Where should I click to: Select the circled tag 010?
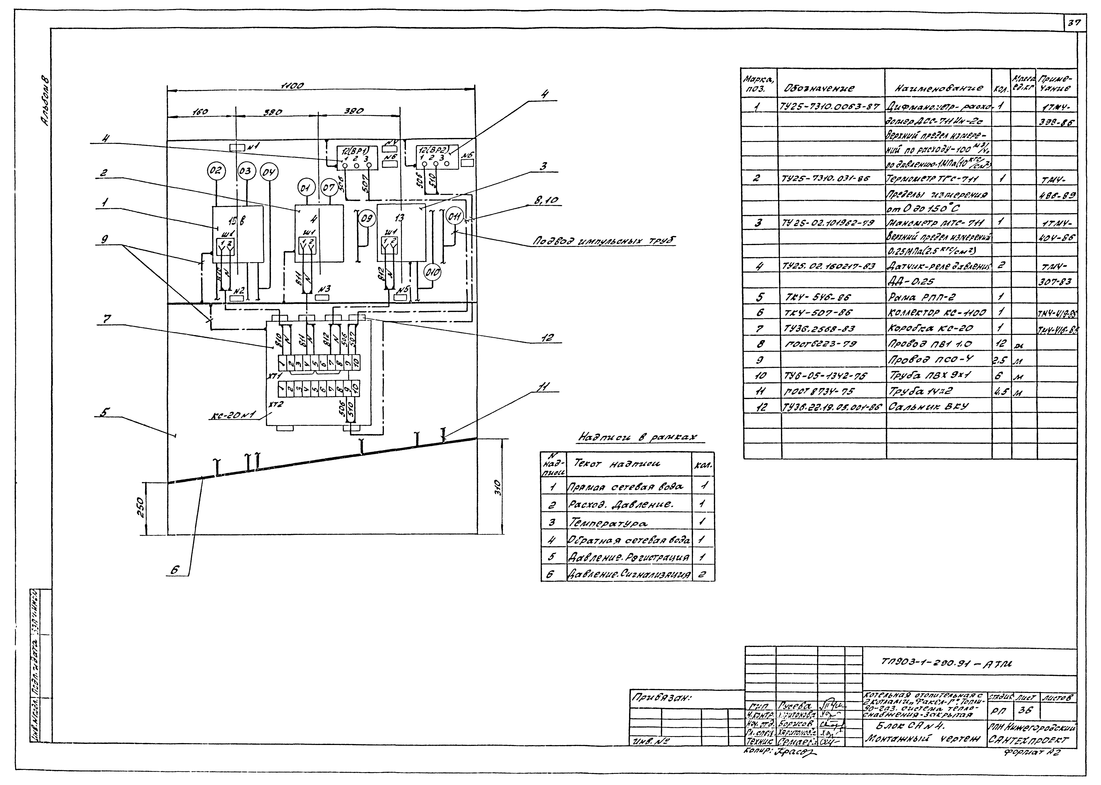click(432, 273)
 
